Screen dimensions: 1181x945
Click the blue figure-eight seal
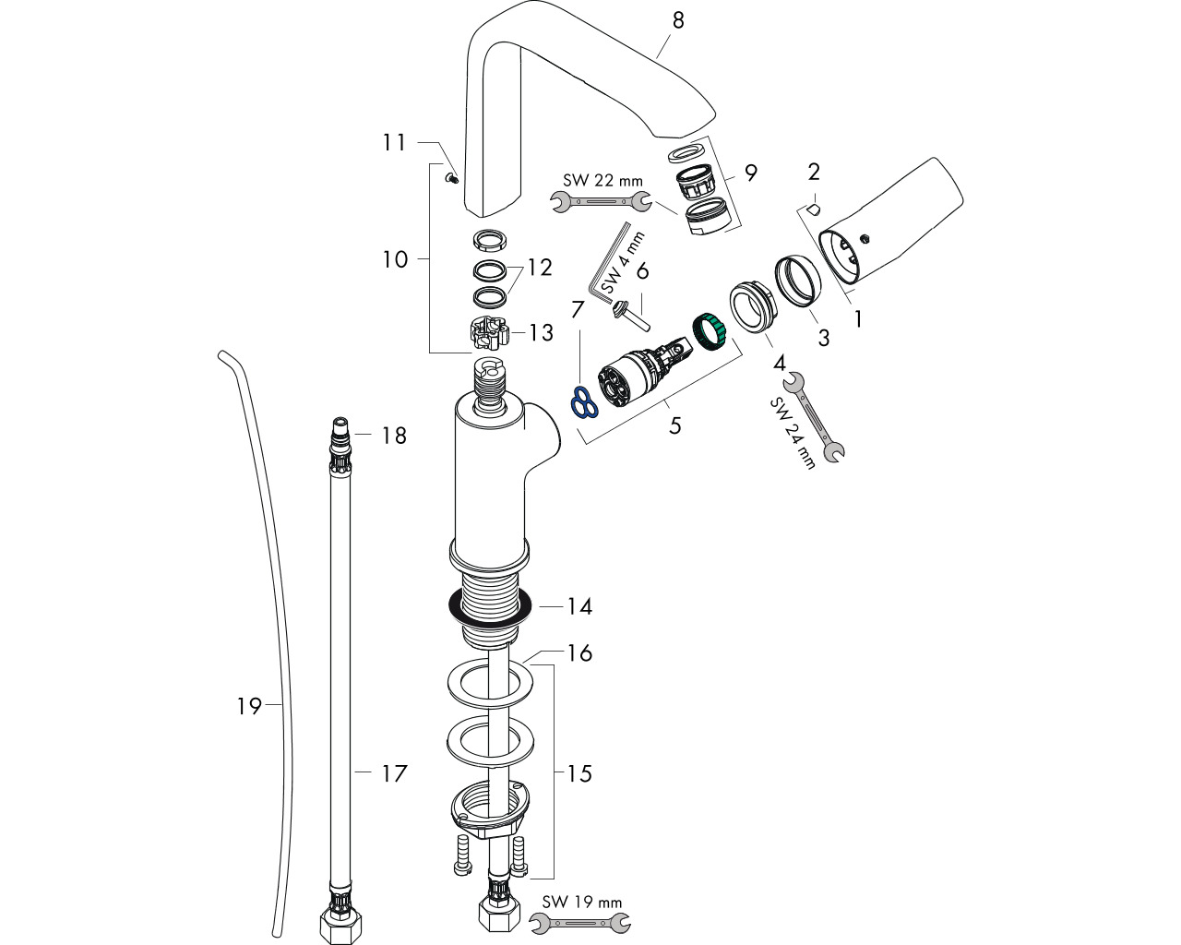point(584,401)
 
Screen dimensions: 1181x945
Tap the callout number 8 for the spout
point(678,21)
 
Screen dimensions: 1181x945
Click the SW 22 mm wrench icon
point(601,201)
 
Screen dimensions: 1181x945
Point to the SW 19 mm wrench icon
point(580,923)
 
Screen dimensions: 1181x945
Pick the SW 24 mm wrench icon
point(813,416)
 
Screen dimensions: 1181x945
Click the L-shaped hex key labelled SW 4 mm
point(609,262)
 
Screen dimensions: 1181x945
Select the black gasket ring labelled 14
point(490,608)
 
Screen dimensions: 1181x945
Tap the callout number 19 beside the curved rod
point(248,706)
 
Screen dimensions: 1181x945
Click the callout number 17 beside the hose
point(395,773)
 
